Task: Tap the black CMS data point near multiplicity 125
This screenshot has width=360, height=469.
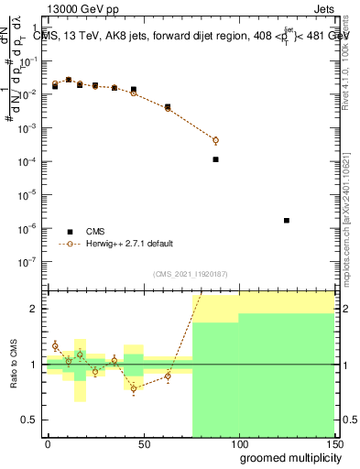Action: [287, 220]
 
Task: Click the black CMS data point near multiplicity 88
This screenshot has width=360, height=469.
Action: [215, 159]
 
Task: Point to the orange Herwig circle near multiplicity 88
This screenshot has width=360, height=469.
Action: [215, 140]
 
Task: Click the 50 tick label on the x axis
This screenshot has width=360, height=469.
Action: [143, 443]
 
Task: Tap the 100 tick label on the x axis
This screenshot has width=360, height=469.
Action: [238, 443]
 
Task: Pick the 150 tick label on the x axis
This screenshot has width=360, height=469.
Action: [333, 443]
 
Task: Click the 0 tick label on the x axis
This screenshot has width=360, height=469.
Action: [48, 443]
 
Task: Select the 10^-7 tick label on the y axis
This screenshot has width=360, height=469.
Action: [29, 261]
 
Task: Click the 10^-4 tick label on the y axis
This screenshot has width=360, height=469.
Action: [29, 161]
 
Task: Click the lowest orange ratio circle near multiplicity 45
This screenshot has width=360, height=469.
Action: [134, 388]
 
